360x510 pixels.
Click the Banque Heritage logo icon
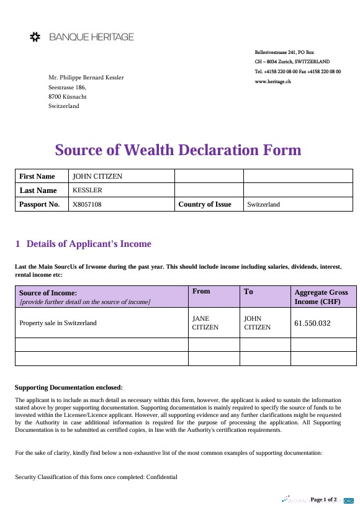(x=35, y=37)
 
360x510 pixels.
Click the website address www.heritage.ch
(x=273, y=81)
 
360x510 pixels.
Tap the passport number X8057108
(x=88, y=204)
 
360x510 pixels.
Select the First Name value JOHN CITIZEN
(x=97, y=176)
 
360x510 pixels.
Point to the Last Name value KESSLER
(x=88, y=190)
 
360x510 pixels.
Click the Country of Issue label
(x=204, y=204)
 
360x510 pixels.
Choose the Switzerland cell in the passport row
(x=263, y=204)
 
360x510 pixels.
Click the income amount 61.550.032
(x=312, y=323)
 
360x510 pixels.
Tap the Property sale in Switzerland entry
(x=58, y=323)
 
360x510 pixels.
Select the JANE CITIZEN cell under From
(x=205, y=323)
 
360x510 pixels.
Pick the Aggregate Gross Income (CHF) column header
(x=321, y=297)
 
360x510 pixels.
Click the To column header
(x=248, y=291)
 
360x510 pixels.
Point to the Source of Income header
(x=48, y=292)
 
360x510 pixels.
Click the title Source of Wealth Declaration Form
(x=178, y=150)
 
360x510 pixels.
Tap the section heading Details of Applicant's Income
(x=89, y=244)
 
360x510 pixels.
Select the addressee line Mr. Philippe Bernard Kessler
(x=86, y=77)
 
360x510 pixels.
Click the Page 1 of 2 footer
(x=323, y=499)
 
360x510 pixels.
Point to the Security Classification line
(x=96, y=477)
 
